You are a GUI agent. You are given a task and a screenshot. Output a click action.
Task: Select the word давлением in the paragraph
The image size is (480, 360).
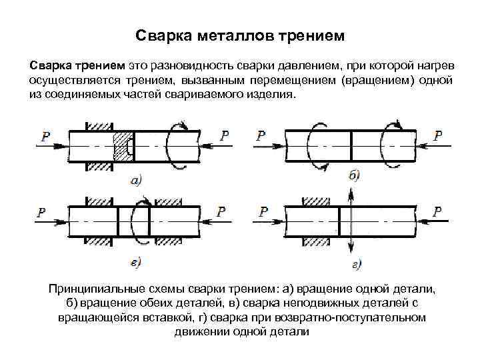311,66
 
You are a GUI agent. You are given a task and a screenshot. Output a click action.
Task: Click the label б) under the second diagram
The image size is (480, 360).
354,175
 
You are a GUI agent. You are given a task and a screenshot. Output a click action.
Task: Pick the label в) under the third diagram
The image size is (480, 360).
134,263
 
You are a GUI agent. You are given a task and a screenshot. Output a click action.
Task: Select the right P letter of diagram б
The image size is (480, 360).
437,135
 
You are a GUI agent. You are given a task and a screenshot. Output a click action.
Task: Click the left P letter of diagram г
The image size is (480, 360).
263,211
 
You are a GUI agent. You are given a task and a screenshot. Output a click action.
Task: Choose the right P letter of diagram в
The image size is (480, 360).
220,211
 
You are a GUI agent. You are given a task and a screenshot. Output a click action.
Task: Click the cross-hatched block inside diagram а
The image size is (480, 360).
123,145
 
